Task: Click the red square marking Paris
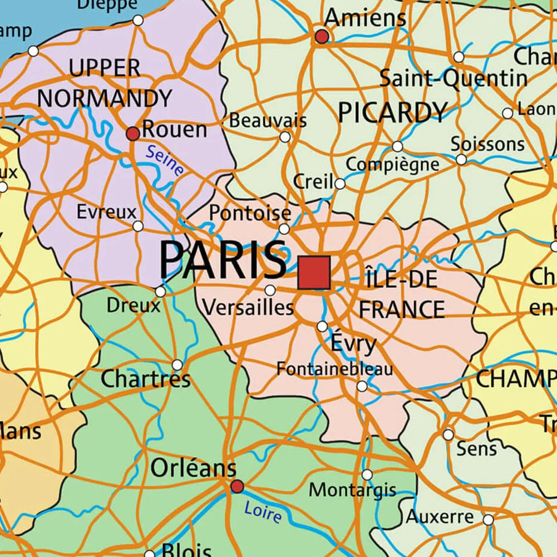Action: tap(314, 273)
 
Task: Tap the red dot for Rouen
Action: tap(132, 134)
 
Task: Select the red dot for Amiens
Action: tap(322, 37)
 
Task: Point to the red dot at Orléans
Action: tap(237, 486)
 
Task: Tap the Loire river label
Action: tap(263, 512)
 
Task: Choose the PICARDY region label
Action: tap(392, 113)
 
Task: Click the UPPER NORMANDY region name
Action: tap(105, 83)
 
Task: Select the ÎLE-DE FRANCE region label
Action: tap(402, 293)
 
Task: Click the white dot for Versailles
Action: tap(270, 290)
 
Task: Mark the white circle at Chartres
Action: tap(177, 365)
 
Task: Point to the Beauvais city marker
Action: tap(285, 137)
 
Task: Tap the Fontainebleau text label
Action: tap(334, 368)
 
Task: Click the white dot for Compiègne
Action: tap(397, 146)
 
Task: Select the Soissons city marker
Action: tap(461, 160)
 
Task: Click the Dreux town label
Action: tap(133, 305)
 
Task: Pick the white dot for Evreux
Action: tap(138, 226)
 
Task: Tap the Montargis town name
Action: tap(352, 490)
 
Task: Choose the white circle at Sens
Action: tap(448, 435)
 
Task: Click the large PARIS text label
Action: tap(223, 260)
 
